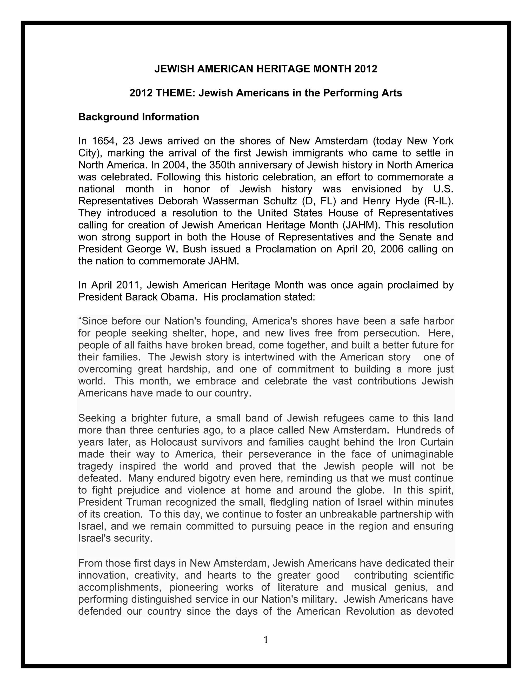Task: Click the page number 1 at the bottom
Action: (266, 640)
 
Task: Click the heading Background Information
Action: (139, 117)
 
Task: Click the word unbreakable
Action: (348, 514)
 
